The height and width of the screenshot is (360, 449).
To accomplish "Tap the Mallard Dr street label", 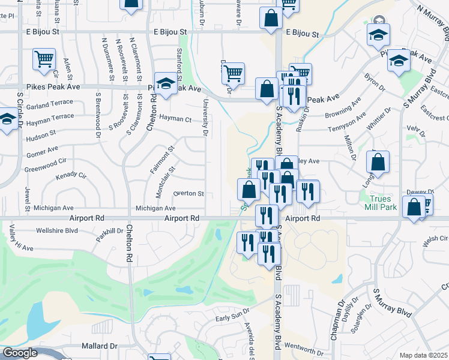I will pyautogui.click(x=100, y=346).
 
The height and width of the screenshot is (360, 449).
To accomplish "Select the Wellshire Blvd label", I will pyautogui.click(x=57, y=230).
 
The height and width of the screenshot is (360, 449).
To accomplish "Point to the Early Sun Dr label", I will pyautogui.click(x=232, y=317).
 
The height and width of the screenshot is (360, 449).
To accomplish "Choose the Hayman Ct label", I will pyautogui.click(x=176, y=119).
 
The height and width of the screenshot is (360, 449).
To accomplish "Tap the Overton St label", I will pyautogui.click(x=188, y=194).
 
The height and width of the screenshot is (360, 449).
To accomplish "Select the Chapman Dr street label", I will pyautogui.click(x=334, y=324).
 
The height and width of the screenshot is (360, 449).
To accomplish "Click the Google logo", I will pyautogui.click(x=20, y=353).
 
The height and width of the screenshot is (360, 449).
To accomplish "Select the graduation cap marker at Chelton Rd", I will pyautogui.click(x=166, y=83).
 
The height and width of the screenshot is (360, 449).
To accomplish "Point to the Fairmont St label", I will pyautogui.click(x=162, y=157).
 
